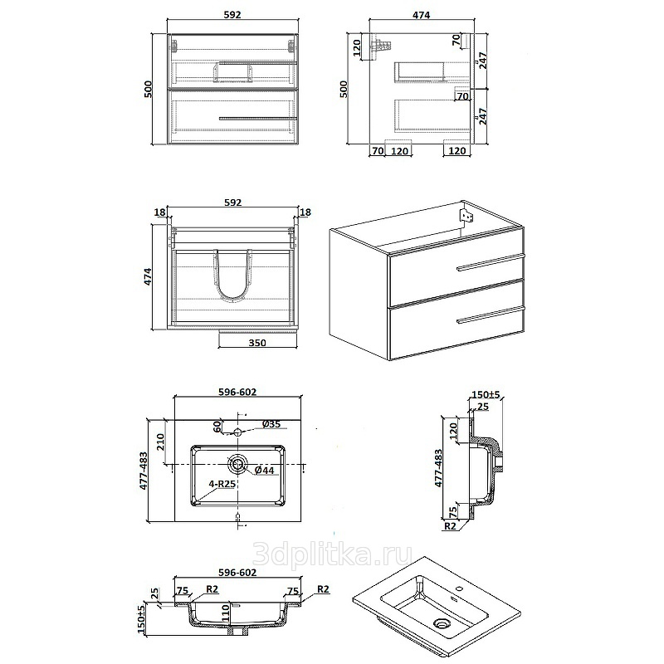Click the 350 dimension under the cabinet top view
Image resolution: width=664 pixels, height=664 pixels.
[257, 343]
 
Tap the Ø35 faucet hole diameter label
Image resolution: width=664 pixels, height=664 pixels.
[271, 424]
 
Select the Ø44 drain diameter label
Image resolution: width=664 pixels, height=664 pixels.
[265, 470]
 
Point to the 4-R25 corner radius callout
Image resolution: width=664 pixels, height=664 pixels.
[222, 484]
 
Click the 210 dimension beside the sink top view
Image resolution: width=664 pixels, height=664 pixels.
[160, 442]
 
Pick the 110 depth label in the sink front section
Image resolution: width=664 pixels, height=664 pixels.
[225, 613]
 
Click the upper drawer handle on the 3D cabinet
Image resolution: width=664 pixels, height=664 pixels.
[491, 261]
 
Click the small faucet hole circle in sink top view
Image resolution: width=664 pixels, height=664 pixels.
[237, 432]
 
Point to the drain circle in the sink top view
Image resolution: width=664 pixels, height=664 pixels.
[237, 464]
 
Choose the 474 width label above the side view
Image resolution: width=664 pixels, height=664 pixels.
[422, 15]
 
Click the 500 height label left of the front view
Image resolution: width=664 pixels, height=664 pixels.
[149, 89]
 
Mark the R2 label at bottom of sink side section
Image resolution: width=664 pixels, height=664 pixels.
[450, 526]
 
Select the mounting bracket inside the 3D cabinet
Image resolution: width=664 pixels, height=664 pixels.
[467, 217]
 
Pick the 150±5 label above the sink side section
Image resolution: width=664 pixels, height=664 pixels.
[486, 395]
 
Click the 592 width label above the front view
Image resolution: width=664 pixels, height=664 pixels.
[232, 15]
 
